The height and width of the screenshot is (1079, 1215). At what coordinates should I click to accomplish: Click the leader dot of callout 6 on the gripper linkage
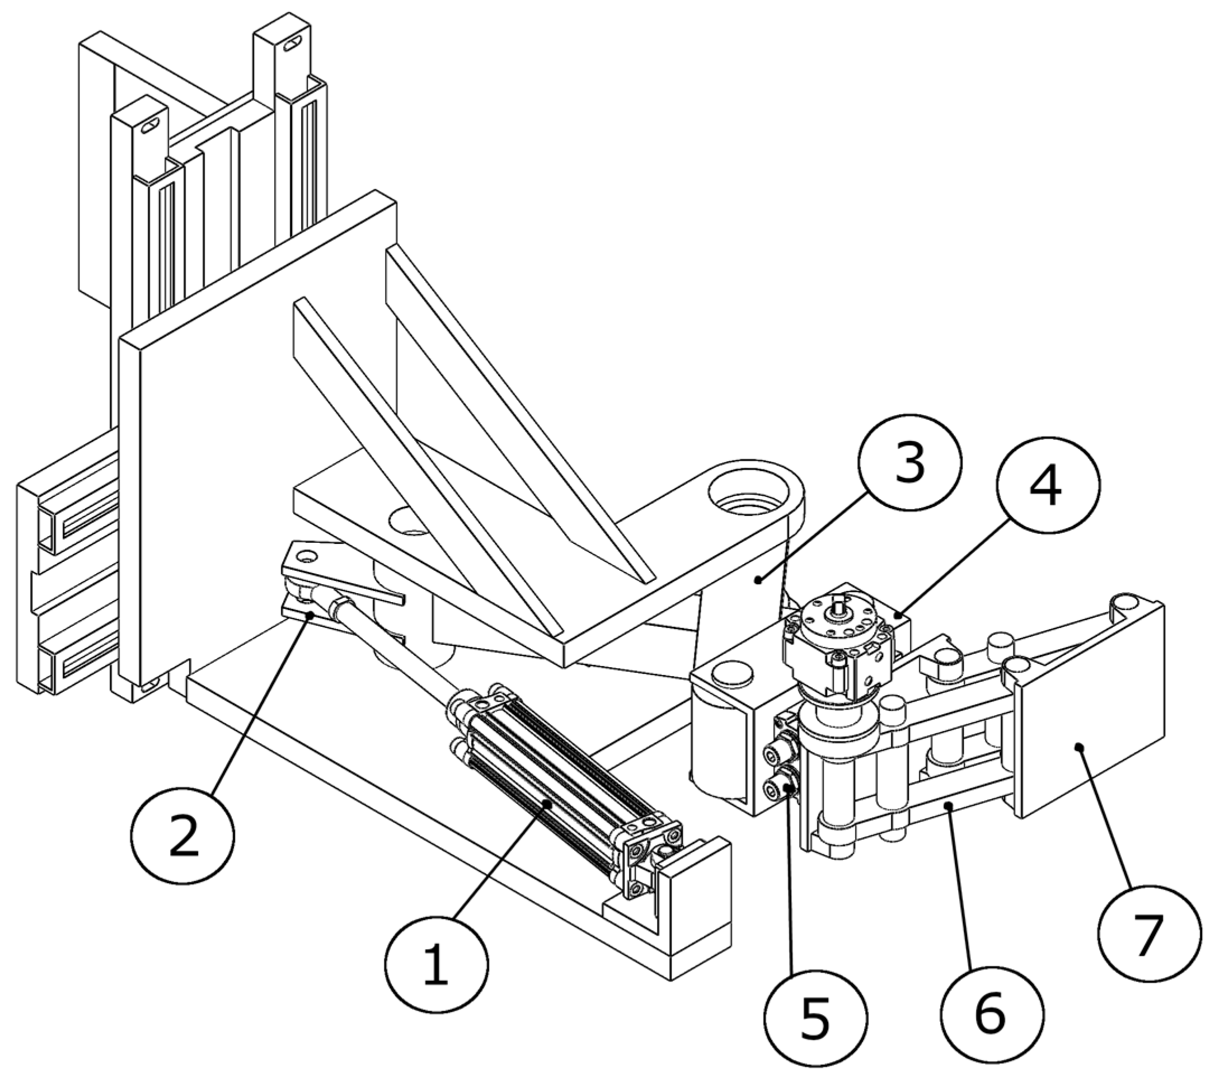[950, 805]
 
